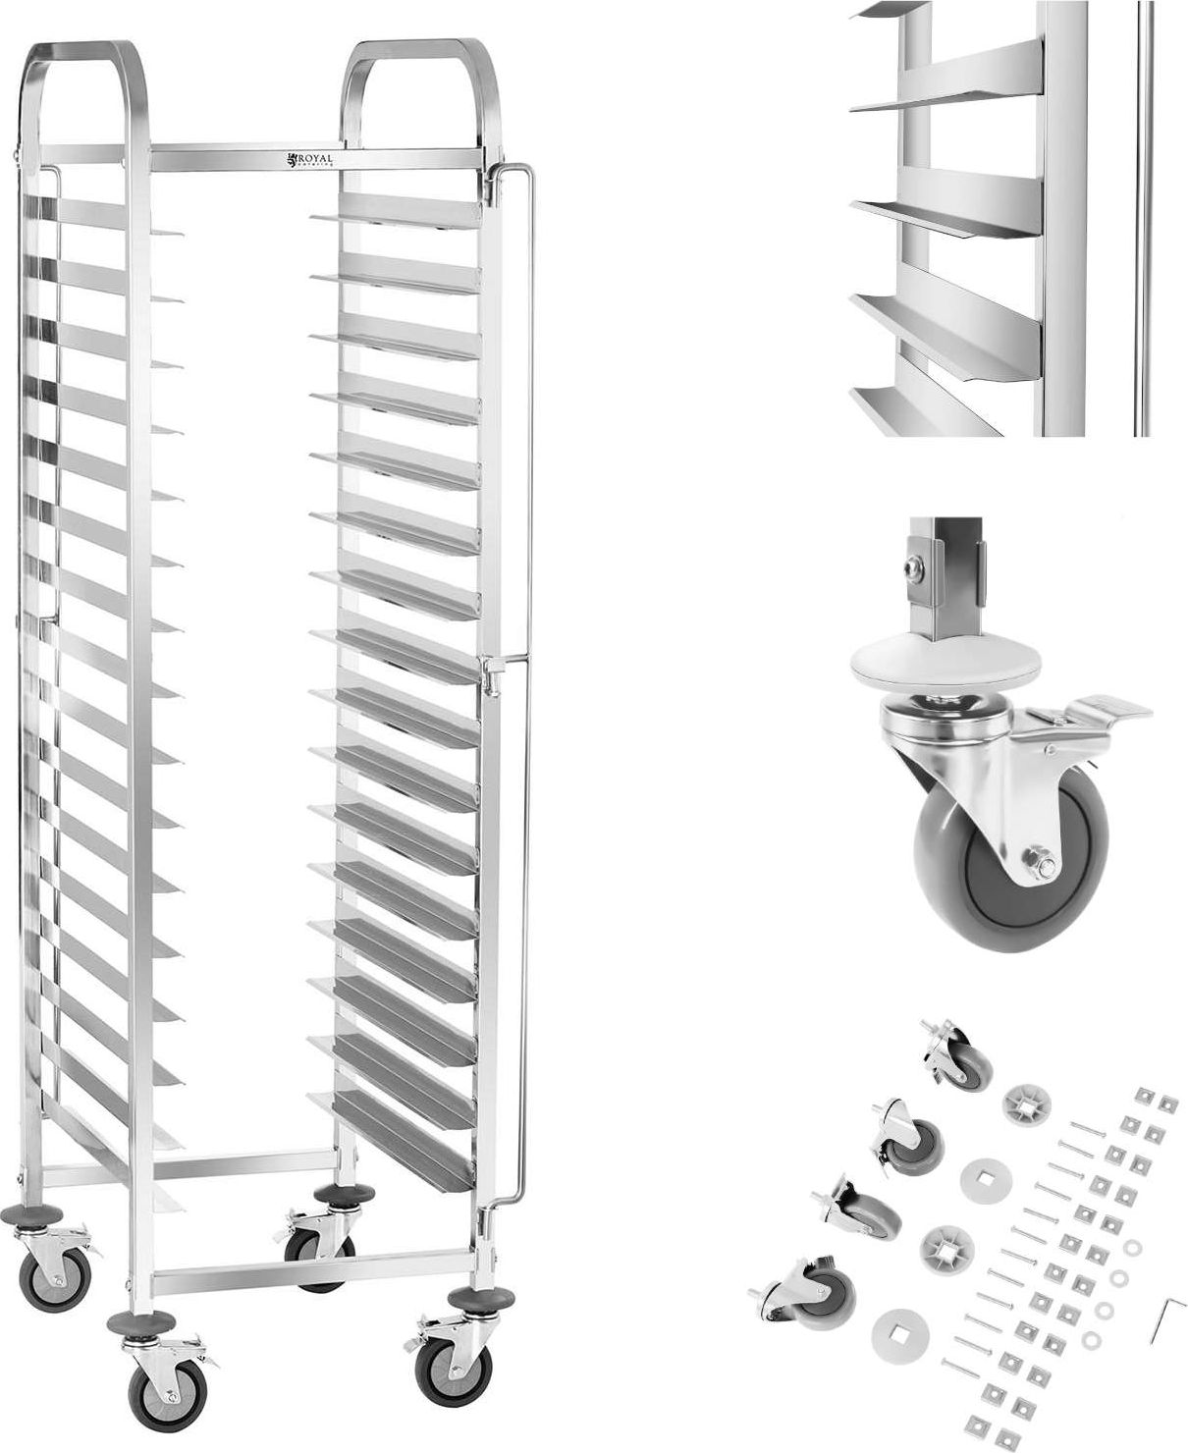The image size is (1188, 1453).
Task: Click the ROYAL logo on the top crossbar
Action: click(312, 160)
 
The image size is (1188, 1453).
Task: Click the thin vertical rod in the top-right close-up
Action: click(1141, 216)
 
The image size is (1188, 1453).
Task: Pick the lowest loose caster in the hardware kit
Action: click(804, 1297)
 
